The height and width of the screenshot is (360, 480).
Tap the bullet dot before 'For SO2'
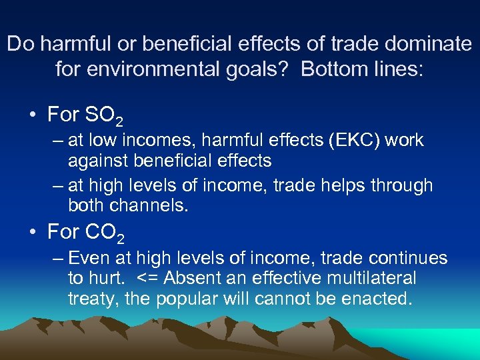[32, 115]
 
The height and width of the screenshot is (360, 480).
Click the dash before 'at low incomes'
[55, 141]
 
